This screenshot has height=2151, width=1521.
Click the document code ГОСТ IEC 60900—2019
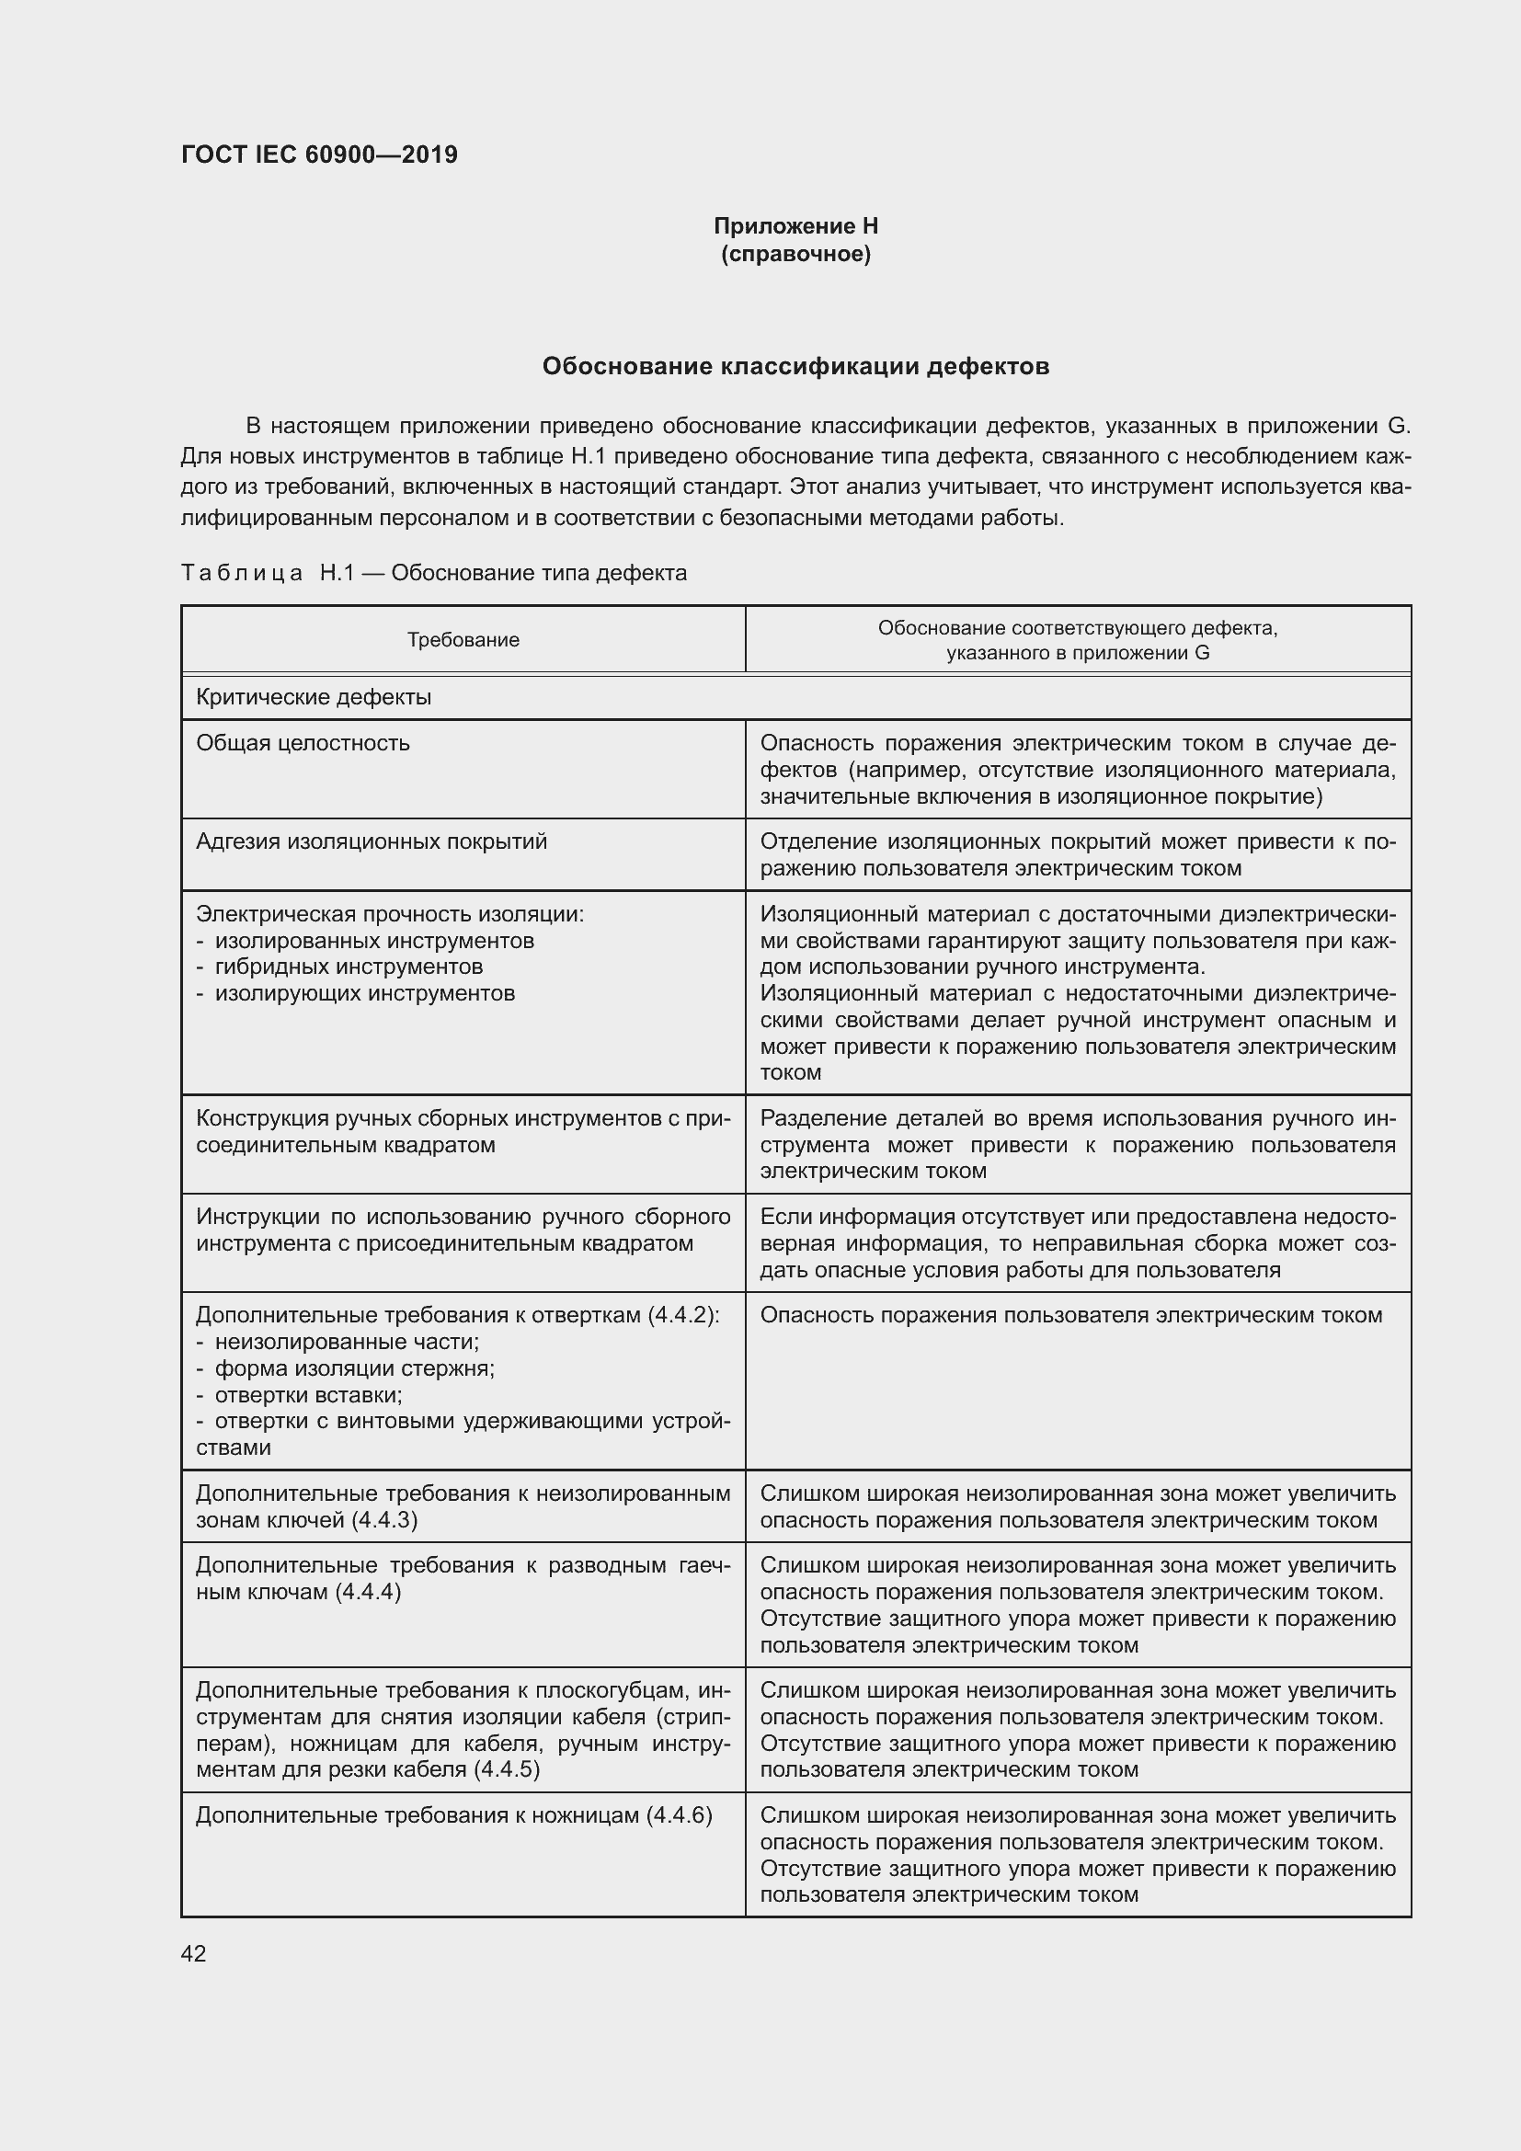[319, 154]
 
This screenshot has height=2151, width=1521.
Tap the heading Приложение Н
[795, 226]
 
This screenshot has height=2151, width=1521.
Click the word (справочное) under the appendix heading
[795, 254]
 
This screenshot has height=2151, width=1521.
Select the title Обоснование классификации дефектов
[795, 366]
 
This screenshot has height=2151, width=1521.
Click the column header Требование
[463, 640]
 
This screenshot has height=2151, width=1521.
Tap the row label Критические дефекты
[313, 697]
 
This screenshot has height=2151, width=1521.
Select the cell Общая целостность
[303, 743]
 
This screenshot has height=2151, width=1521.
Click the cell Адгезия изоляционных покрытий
[371, 841]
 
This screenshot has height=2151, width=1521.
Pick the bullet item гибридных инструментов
[349, 966]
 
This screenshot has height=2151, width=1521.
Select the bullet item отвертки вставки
[308, 1395]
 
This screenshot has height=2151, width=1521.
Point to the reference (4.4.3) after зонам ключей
[384, 1519]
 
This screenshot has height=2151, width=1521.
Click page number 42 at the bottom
[193, 1953]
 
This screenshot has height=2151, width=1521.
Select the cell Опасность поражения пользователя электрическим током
[1070, 1314]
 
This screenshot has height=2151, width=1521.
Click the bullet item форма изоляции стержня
[354, 1367]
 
